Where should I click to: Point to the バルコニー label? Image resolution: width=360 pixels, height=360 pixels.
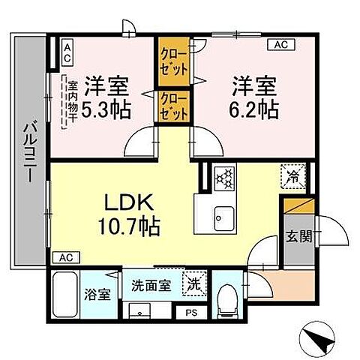(x=29, y=154)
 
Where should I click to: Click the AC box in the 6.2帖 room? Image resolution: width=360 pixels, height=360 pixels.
(x=281, y=45)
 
